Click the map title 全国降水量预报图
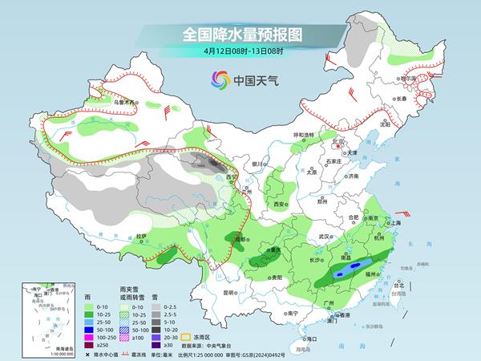[x=240, y=34]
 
